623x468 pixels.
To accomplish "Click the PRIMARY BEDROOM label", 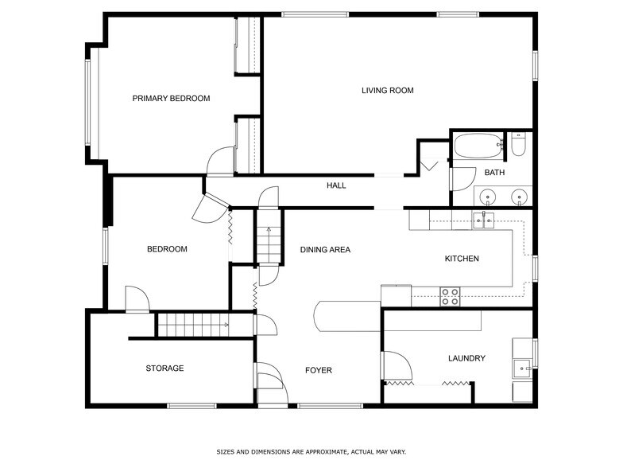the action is click(x=171, y=99).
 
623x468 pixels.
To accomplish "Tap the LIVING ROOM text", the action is click(x=388, y=91).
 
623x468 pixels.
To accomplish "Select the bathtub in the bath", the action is click(x=478, y=146).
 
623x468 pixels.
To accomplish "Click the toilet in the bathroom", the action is click(x=518, y=145).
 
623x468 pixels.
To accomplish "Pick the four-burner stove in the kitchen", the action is click(x=450, y=296).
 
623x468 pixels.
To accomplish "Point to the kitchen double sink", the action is click(x=483, y=220).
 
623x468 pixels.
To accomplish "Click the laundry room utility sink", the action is click(x=522, y=369).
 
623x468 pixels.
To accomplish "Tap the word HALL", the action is click(x=336, y=185).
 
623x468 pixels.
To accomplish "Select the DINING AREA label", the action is click(x=325, y=250).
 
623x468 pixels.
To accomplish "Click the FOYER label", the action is click(x=318, y=370).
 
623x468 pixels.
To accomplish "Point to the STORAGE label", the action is click(x=164, y=368).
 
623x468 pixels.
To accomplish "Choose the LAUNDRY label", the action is click(x=466, y=358).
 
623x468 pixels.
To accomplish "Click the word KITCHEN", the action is click(x=462, y=259).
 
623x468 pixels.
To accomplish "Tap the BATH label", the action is click(x=494, y=172).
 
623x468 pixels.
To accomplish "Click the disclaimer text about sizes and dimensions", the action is click(x=311, y=452).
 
